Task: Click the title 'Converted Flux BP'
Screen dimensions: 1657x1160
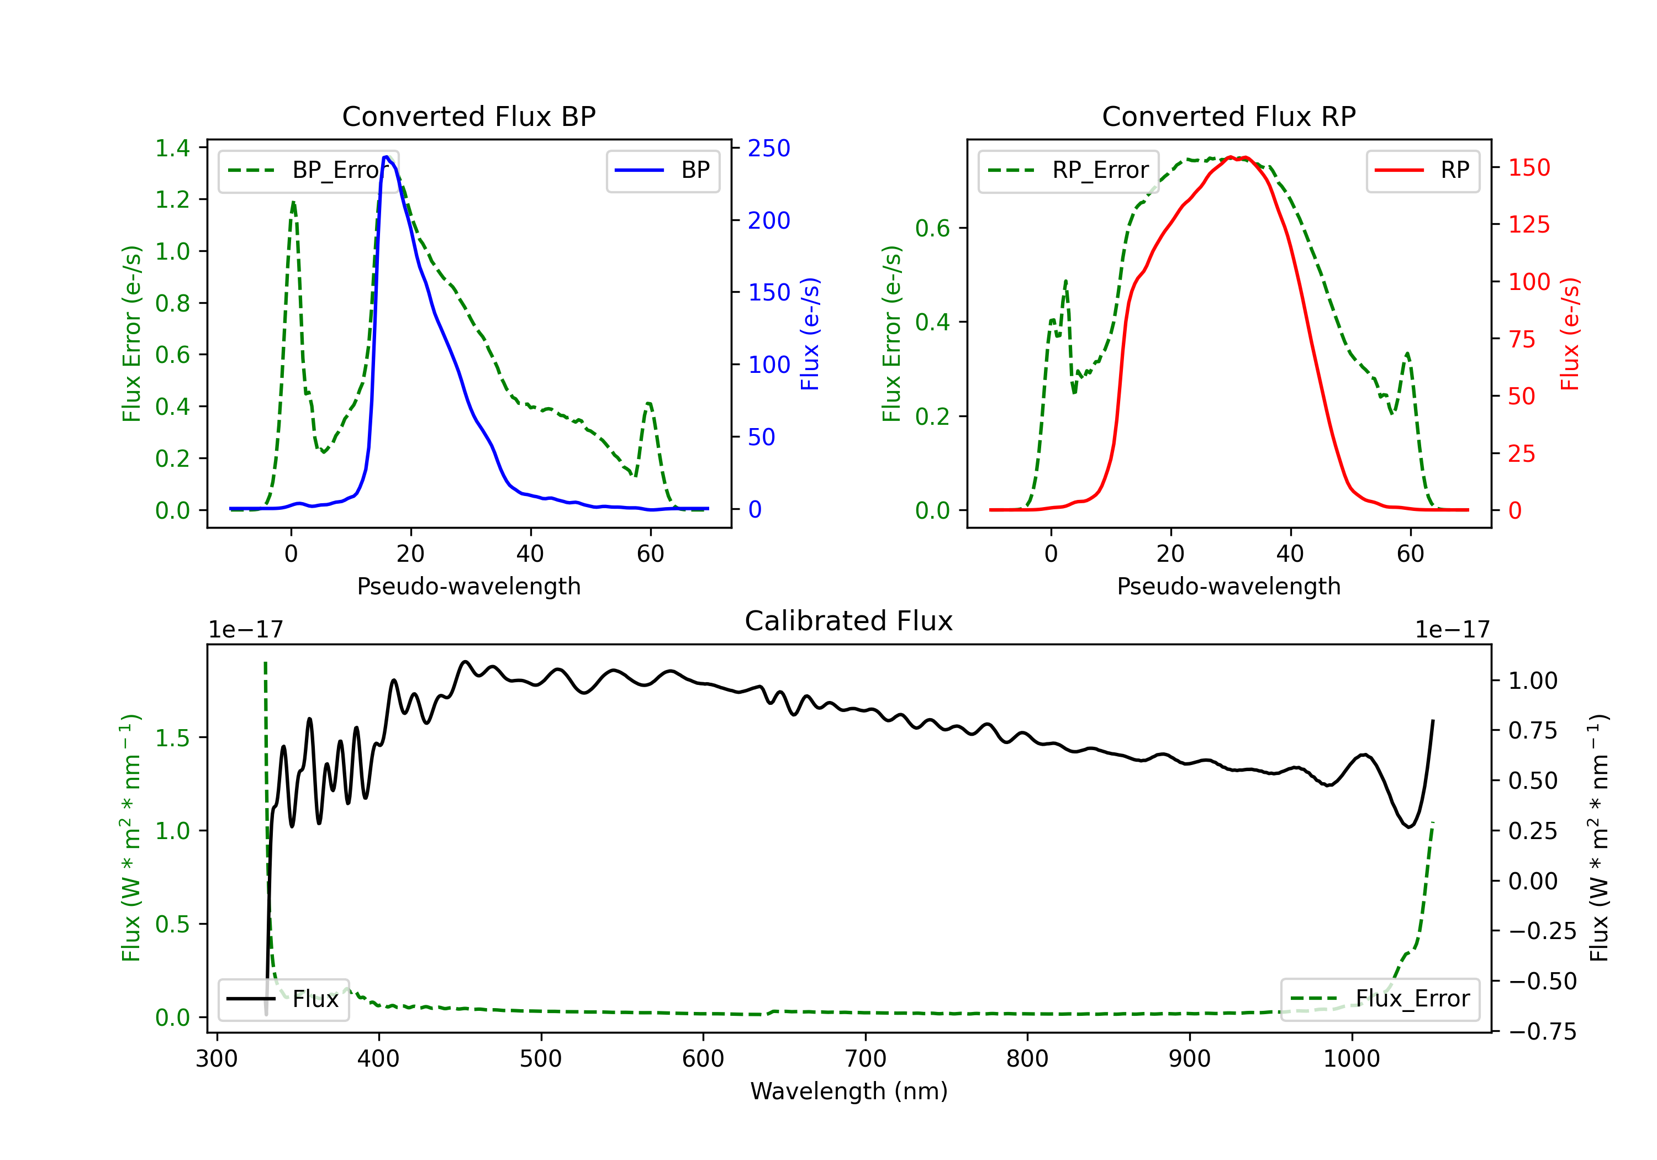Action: tap(468, 116)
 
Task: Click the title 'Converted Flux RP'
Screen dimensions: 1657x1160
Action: tap(1228, 116)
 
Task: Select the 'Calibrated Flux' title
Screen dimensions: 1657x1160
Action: tap(849, 621)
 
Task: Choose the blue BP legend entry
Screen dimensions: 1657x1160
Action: tap(662, 170)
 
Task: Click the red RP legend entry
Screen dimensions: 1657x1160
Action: tap(1422, 170)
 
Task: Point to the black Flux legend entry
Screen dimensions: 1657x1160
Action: tap(282, 999)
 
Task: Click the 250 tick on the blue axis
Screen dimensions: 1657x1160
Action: tap(769, 148)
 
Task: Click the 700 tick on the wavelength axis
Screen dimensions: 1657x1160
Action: tap(866, 1058)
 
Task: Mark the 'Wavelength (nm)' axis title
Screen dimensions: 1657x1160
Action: tap(849, 1091)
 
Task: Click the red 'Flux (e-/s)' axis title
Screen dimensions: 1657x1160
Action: tap(1570, 334)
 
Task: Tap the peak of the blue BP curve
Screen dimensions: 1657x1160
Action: tap(386, 157)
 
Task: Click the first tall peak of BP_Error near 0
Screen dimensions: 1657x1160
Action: tap(293, 203)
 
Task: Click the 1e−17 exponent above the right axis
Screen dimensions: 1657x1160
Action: tap(1452, 630)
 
